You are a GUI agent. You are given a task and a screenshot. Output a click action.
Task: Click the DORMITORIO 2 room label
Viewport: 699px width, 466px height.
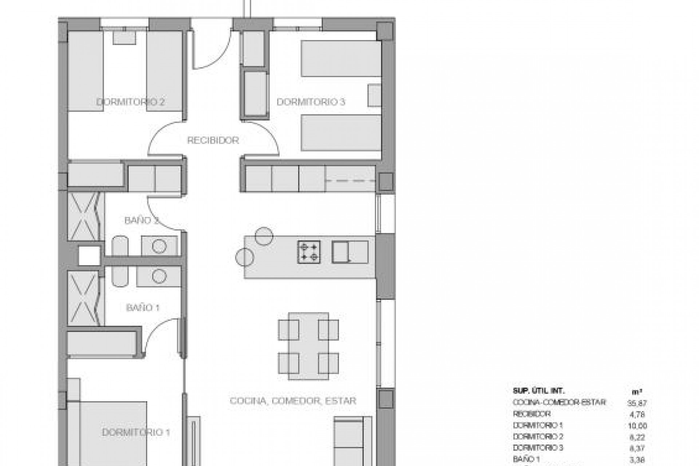[x=130, y=102]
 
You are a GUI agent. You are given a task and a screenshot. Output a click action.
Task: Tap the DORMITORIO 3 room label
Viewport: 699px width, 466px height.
[x=311, y=102]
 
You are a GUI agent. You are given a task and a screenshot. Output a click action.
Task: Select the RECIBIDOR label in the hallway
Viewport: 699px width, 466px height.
[x=213, y=140]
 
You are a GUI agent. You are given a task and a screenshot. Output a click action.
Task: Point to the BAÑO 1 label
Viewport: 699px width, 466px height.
[x=143, y=308]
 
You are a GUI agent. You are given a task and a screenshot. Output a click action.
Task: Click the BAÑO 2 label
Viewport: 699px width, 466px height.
[x=140, y=220]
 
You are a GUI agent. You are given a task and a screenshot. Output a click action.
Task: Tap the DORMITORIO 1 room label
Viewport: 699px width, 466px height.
[x=136, y=433]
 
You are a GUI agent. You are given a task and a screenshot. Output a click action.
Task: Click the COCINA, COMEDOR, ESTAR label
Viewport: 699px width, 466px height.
[x=293, y=401]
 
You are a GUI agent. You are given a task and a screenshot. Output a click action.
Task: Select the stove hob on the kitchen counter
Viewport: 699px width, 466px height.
[x=309, y=252]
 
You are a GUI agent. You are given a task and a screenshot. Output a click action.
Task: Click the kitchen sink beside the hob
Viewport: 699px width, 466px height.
[x=349, y=252]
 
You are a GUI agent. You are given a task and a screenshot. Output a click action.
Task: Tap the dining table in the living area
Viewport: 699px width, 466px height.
[x=308, y=346]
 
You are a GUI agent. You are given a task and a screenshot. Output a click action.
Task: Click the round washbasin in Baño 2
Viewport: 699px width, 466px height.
[x=159, y=246]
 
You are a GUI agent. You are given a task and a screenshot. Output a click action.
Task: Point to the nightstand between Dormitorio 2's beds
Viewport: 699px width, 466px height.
[x=125, y=38]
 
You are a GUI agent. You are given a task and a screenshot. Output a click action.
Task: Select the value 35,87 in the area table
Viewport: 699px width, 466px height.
[x=637, y=403]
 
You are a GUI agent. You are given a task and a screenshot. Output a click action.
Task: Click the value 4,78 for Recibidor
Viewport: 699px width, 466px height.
[x=637, y=414]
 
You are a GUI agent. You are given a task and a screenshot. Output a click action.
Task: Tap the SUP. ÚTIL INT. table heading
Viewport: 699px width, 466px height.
[x=538, y=391]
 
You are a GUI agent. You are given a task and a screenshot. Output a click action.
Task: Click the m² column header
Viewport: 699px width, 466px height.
[x=637, y=392]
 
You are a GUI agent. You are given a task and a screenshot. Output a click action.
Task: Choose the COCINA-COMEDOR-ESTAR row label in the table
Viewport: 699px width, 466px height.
[x=559, y=402]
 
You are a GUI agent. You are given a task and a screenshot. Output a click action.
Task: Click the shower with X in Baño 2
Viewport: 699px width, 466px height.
[x=84, y=217]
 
